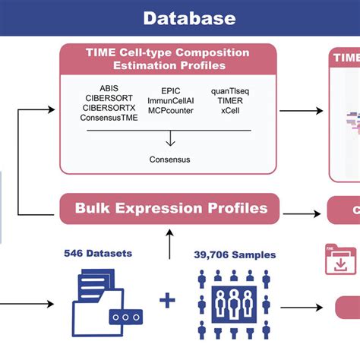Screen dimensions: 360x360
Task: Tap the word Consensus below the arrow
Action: click(169, 159)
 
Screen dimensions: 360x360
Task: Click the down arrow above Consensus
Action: click(169, 140)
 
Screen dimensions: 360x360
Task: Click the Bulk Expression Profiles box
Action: click(170, 208)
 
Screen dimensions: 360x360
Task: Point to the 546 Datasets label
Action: click(98, 254)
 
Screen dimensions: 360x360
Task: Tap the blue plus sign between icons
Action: click(169, 302)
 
